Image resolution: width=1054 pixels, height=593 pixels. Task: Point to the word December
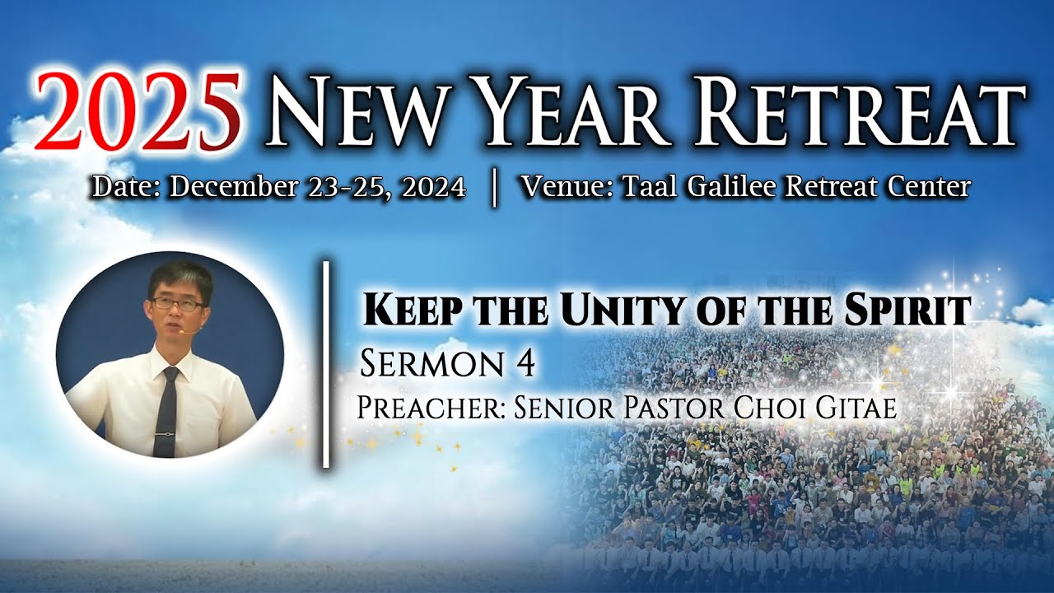(233, 187)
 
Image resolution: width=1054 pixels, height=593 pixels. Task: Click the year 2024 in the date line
(433, 187)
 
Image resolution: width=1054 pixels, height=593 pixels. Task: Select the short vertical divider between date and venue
(494, 189)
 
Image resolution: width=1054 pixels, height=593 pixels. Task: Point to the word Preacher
(431, 407)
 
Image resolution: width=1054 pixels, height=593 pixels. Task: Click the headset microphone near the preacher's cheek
(182, 331)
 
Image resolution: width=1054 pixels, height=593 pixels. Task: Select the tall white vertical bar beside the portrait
(325, 364)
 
